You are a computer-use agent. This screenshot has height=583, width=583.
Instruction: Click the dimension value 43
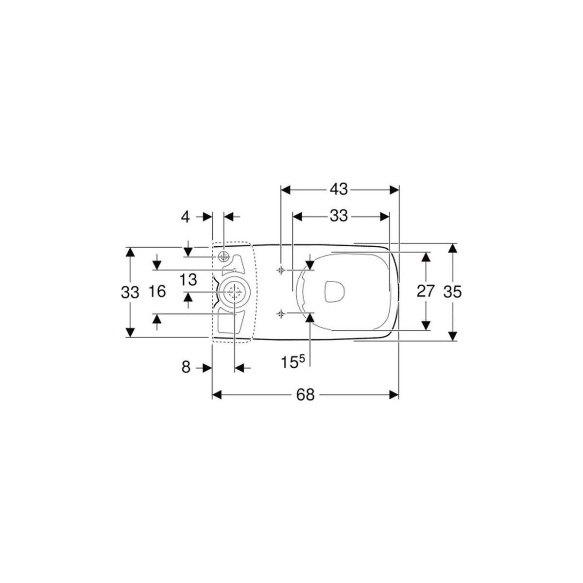point(339,189)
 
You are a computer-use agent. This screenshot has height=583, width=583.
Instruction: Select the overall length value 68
point(305,394)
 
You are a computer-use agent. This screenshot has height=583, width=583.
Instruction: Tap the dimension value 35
point(452,292)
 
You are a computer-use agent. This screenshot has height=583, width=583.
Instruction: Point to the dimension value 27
point(426,291)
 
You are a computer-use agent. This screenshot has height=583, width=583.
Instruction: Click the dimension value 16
point(157,291)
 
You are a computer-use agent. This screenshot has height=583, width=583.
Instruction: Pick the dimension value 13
point(188,279)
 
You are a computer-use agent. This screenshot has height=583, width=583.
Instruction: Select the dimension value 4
point(185,217)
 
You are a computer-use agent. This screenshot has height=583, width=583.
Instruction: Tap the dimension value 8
point(186,367)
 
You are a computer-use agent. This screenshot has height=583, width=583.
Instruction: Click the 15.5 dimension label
point(292,361)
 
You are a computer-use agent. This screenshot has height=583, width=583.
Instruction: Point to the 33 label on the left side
point(130,292)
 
